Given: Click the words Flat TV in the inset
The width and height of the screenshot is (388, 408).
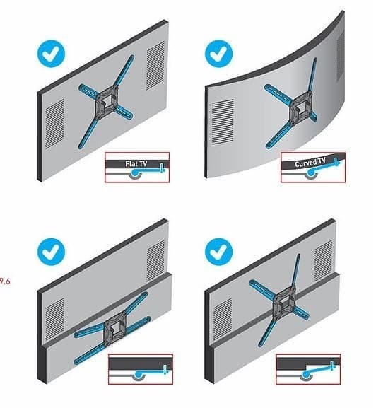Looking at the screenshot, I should tap(137, 163).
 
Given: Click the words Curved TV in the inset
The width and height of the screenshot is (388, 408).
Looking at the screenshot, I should tap(311, 164).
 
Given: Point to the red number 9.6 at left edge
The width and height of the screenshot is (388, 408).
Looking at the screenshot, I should tap(5, 280).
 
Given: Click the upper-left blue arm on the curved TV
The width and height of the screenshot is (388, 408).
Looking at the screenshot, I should tap(274, 90).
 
